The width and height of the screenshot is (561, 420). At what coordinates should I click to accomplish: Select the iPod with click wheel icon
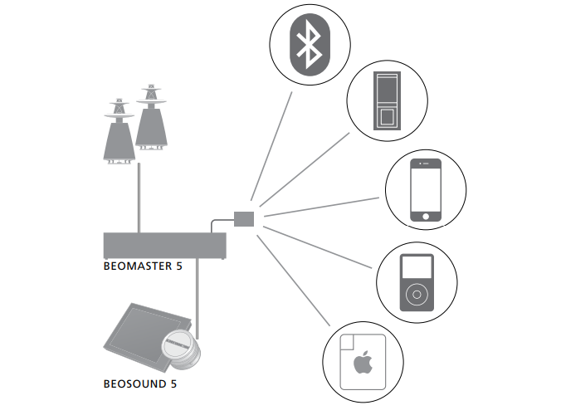point(417,282)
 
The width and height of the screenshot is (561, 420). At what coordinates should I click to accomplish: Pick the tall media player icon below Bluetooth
point(388,101)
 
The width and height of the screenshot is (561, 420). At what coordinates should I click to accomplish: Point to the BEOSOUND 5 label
point(140,384)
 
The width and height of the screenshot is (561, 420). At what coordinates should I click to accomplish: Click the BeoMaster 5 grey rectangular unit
point(164,246)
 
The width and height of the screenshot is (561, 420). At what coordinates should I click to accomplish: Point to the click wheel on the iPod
point(417,295)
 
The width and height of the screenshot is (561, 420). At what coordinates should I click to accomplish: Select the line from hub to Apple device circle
point(295,278)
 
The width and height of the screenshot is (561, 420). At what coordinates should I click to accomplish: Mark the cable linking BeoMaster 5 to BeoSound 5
point(198,291)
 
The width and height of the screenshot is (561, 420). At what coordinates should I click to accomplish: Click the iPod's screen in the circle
point(417,267)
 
